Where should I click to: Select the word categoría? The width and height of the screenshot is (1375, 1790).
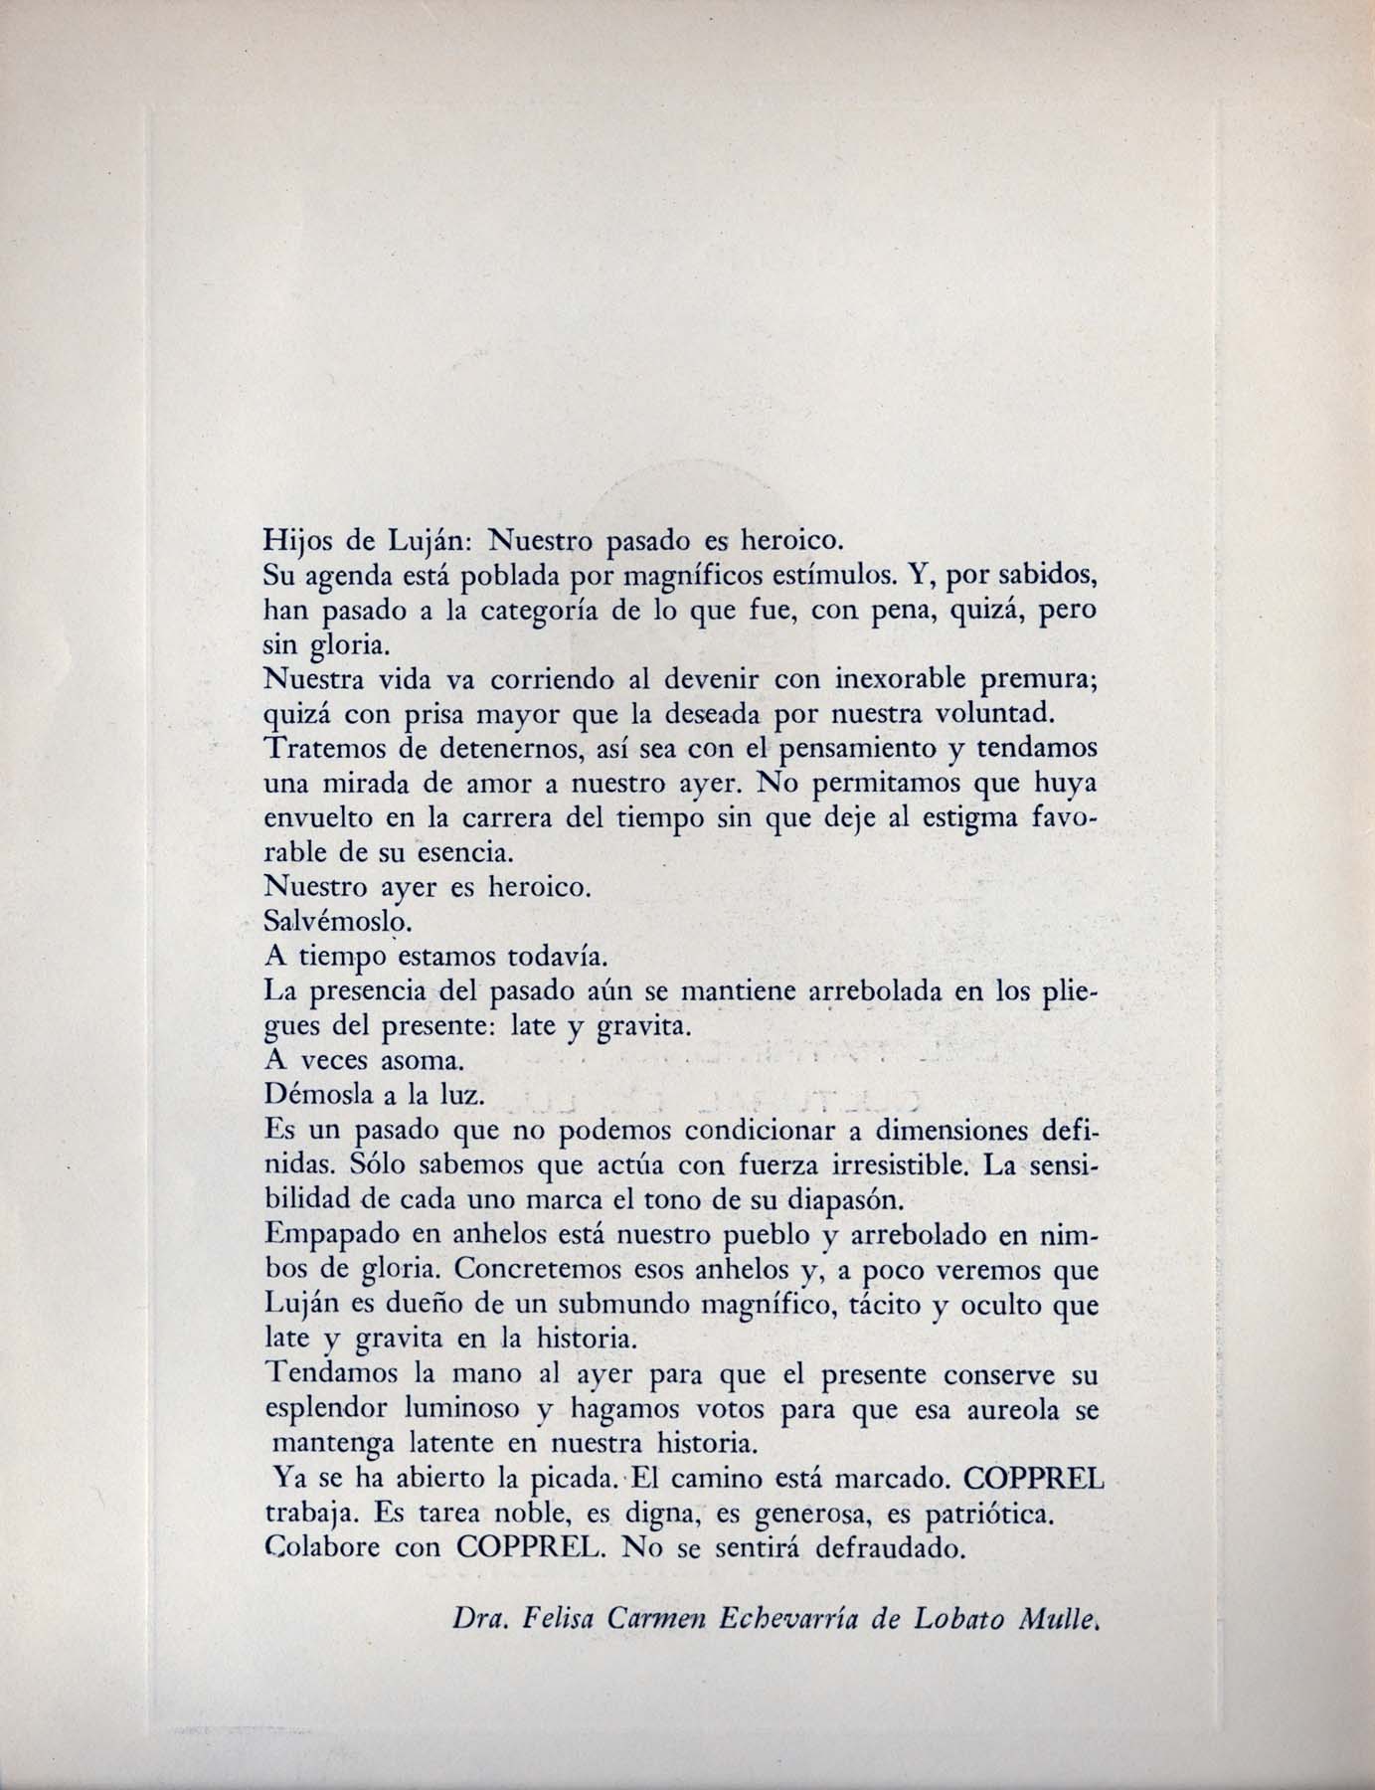click(x=537, y=611)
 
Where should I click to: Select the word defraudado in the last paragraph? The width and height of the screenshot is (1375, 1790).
click(x=891, y=1549)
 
